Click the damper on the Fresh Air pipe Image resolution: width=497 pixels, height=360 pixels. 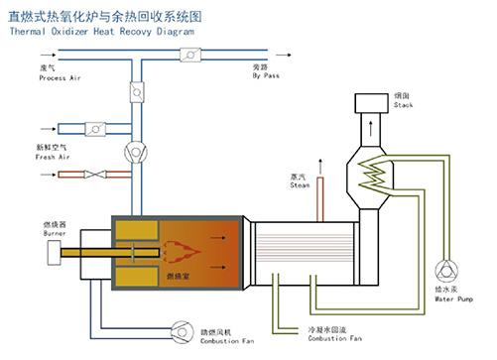click(95, 128)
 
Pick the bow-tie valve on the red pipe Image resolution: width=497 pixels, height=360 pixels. click(95, 175)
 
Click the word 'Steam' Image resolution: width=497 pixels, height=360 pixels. click(300, 184)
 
